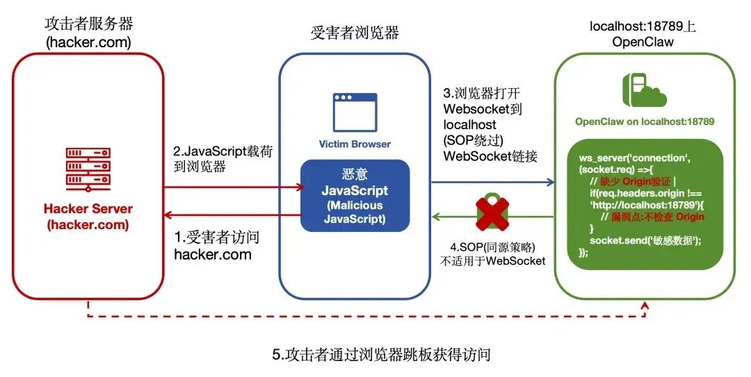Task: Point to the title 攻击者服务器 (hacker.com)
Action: (88, 33)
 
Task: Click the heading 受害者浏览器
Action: (355, 33)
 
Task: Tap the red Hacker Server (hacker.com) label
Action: (88, 217)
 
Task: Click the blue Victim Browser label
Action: (355, 144)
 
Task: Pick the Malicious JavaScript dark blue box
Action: (355, 195)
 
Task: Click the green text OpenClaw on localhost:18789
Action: (645, 122)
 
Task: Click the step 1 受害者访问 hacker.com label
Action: (216, 246)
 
